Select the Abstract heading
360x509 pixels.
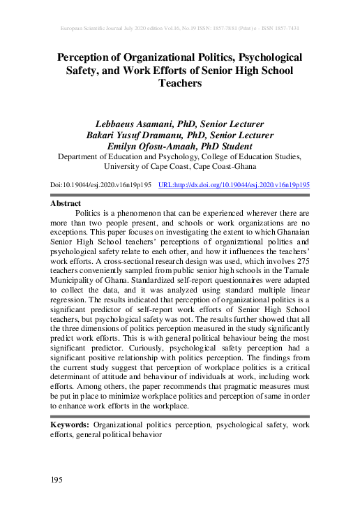pyautogui.click(x=66, y=202)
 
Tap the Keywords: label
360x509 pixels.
pyautogui.click(x=70, y=425)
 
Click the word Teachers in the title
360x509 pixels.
pyautogui.click(x=180, y=83)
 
